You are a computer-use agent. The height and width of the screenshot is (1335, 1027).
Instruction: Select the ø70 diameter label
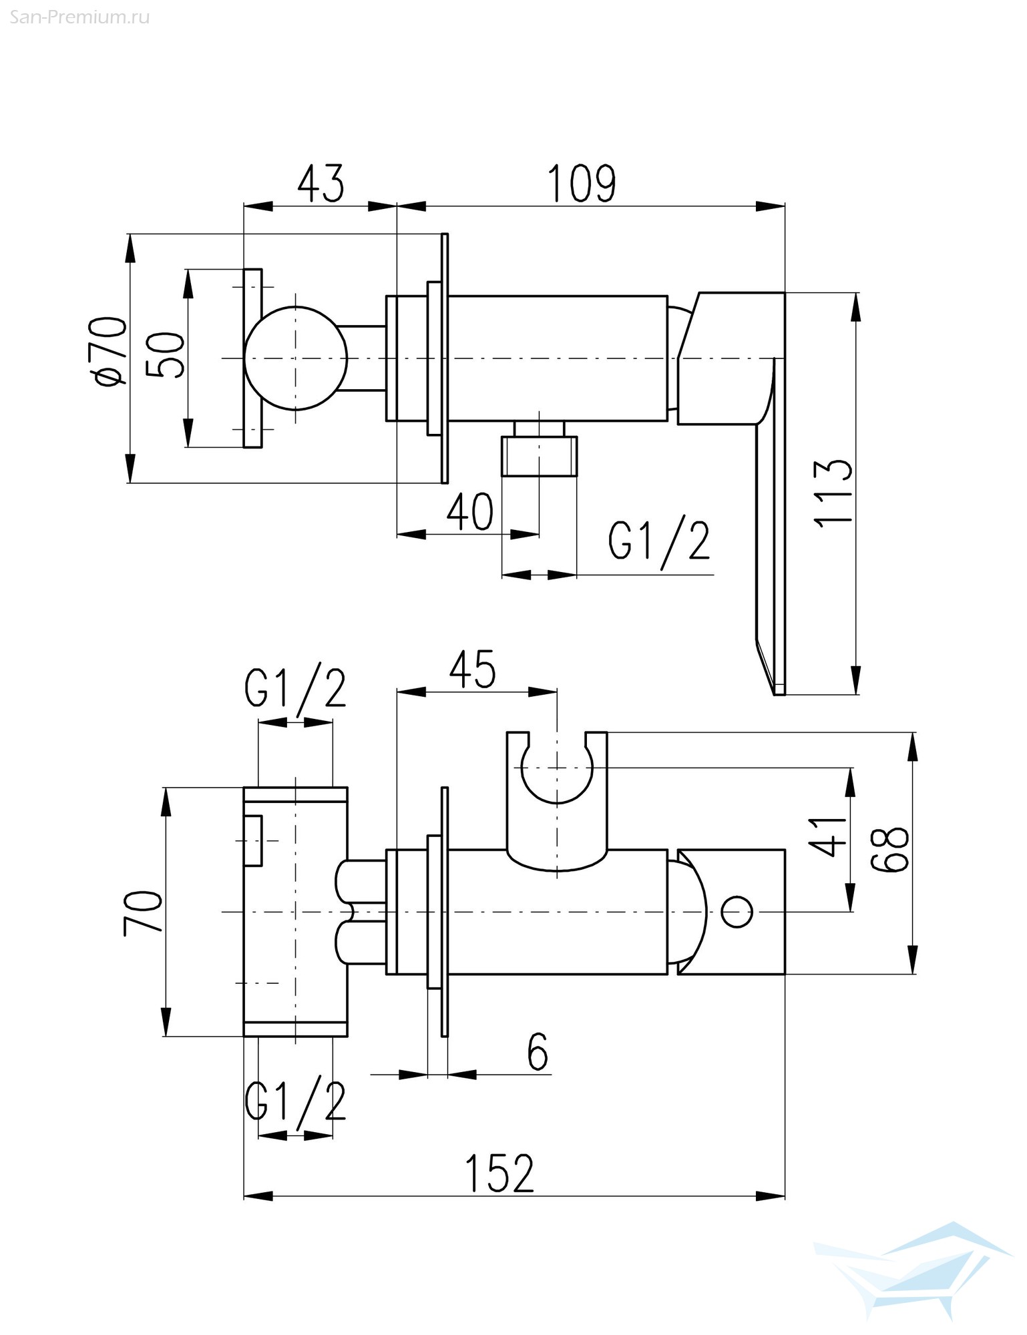point(110,351)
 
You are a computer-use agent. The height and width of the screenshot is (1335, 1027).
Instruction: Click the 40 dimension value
point(470,512)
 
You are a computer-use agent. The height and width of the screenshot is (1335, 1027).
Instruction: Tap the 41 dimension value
point(829,836)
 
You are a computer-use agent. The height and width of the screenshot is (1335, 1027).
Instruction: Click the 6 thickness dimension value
point(538,1053)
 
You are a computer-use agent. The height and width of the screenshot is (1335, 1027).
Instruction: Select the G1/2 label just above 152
point(295,1102)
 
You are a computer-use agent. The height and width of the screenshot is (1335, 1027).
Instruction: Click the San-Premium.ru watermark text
point(79,17)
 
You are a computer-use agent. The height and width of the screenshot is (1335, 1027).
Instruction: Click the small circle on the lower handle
point(737,912)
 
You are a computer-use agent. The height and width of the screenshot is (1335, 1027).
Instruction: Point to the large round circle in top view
point(296,358)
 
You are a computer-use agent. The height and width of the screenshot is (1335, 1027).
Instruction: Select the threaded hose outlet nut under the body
point(538,457)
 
